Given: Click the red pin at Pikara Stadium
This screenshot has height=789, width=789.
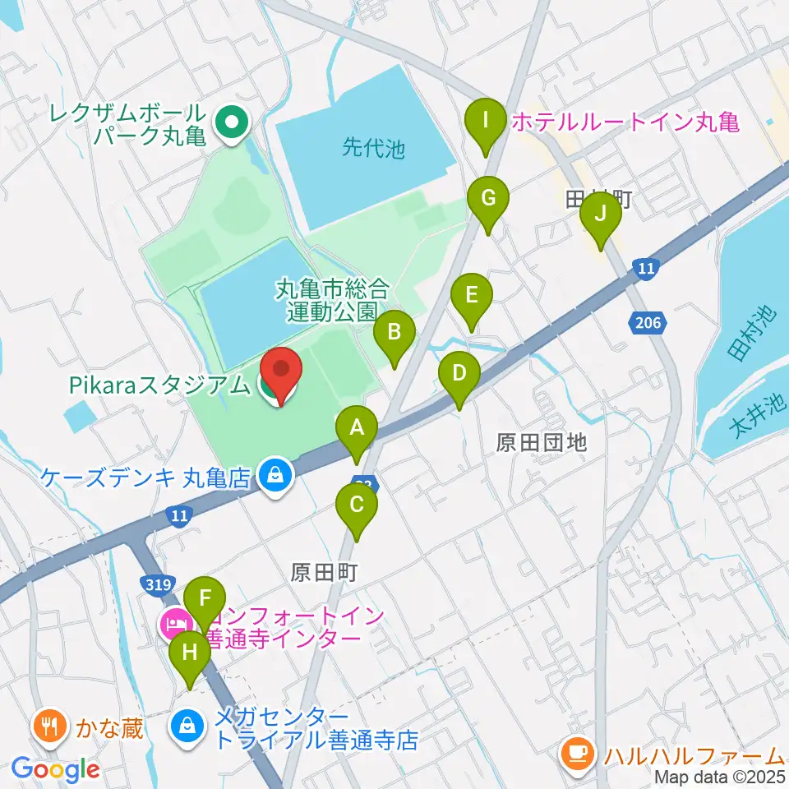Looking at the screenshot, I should click(280, 374).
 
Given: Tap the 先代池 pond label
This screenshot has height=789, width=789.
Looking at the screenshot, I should click(374, 149).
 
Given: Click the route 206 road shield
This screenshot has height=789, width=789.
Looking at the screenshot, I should click(648, 323).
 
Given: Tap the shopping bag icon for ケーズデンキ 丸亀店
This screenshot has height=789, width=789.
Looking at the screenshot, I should click(272, 475).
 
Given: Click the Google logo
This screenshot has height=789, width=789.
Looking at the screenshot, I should click(55, 770).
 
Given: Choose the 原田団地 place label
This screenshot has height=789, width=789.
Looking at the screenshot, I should click(542, 442).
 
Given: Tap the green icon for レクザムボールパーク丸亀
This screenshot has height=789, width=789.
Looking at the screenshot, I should click(231, 123).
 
